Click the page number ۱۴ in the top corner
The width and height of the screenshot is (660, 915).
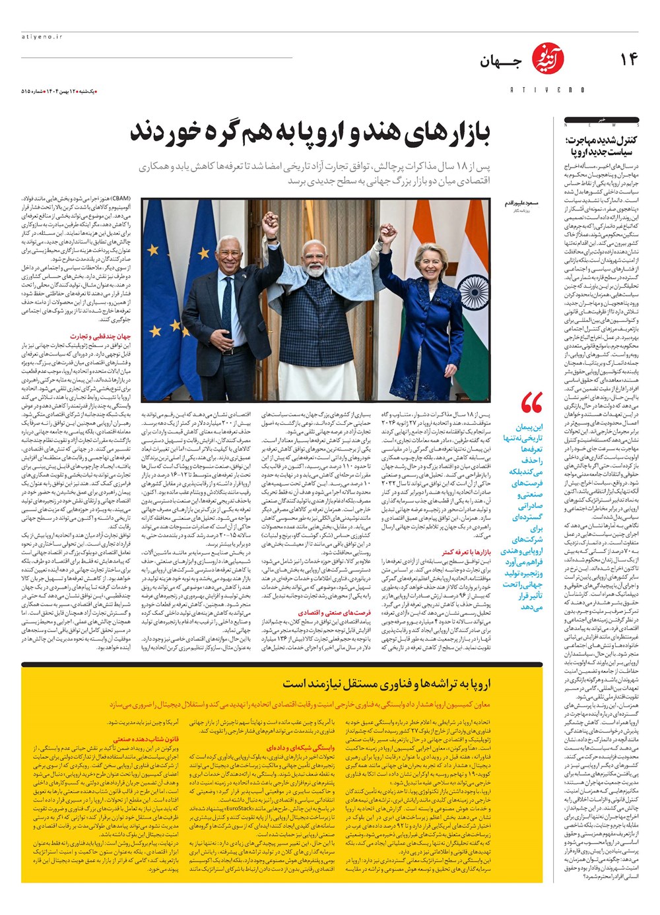coord(628,59)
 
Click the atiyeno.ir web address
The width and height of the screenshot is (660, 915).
coord(41,38)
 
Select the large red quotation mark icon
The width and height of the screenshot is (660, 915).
coord(531,402)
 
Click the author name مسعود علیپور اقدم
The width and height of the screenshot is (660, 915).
coord(521,204)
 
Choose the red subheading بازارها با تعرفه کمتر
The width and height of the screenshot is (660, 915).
coord(466,551)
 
